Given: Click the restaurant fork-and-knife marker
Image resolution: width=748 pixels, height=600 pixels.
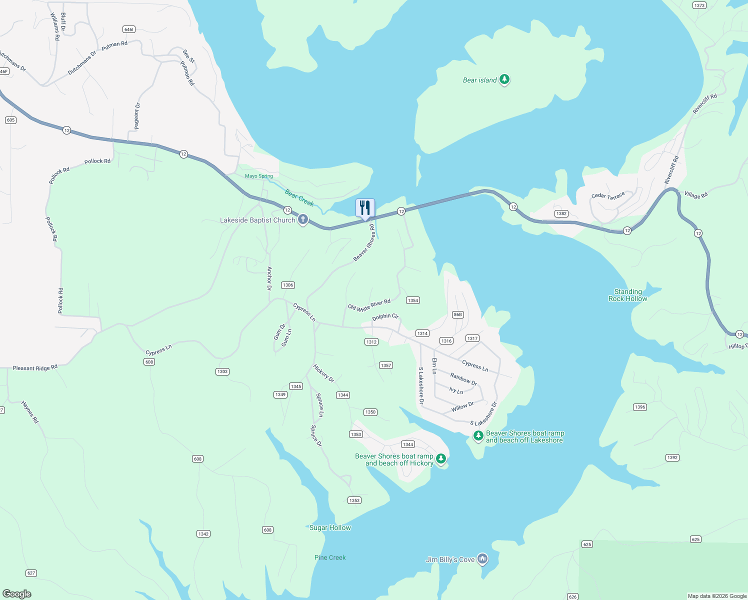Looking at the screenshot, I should [x=365, y=208].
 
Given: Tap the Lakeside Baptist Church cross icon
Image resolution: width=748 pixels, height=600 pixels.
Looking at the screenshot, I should [x=302, y=219].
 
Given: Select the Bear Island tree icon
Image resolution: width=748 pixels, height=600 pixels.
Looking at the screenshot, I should [x=504, y=79].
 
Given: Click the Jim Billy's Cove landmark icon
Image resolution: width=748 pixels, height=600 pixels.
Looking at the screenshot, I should [x=482, y=558].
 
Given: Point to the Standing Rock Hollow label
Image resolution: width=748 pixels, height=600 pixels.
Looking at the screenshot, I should [x=627, y=295].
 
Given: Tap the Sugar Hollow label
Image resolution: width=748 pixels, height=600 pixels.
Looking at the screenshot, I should [x=330, y=527].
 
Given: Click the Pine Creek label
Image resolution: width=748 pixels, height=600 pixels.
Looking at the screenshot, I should [x=330, y=557].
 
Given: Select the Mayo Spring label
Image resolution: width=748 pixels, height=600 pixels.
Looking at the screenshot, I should [x=259, y=176].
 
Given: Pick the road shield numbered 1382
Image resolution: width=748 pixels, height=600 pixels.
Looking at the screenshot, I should [x=561, y=213].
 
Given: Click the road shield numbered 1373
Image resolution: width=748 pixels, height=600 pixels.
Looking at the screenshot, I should [x=699, y=5].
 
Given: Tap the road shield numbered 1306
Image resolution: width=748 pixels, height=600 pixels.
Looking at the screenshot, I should [x=287, y=285].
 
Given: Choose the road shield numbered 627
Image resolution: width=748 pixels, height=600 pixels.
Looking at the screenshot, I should [x=31, y=573].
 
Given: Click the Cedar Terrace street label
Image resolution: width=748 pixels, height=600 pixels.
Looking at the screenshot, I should [x=608, y=195].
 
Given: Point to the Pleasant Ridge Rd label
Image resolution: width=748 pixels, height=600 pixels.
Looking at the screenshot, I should [x=35, y=367].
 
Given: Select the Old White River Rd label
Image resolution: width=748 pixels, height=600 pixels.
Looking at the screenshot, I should [x=369, y=305].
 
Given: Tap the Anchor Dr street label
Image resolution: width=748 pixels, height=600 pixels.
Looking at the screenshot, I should [x=269, y=278].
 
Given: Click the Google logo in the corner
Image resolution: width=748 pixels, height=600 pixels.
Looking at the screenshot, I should [x=17, y=593].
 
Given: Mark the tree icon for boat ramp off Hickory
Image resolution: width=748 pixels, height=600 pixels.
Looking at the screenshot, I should [x=440, y=458].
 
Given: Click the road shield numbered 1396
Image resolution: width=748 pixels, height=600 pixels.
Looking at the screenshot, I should [x=640, y=407].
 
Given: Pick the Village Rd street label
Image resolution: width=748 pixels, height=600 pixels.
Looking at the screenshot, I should [x=696, y=195].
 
